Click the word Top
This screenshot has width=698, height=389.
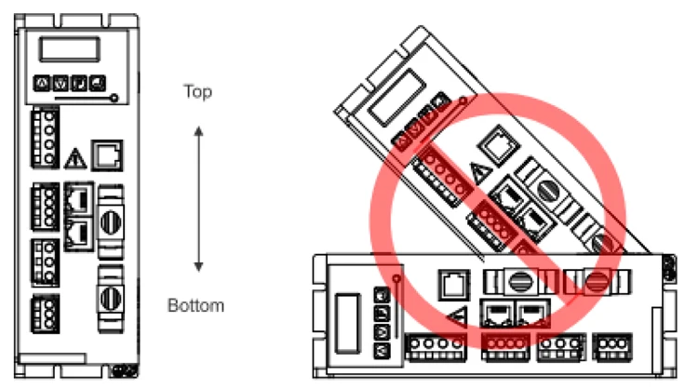[197, 92]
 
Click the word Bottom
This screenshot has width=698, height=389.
[196, 305]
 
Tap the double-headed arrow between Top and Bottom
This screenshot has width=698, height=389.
[197, 198]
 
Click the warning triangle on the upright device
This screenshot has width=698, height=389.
[78, 154]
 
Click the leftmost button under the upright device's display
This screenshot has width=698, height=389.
[41, 84]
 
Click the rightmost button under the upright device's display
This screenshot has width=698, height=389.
[98, 84]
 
